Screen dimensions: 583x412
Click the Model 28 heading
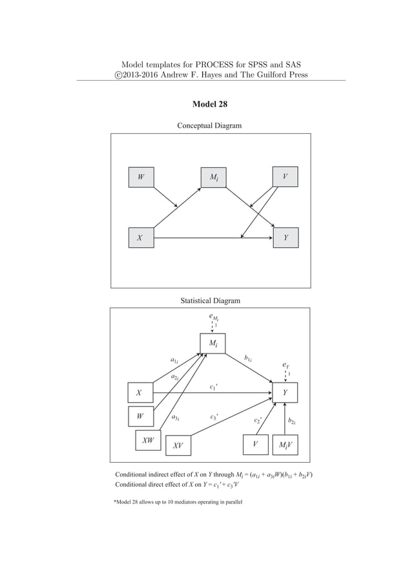(x=209, y=104)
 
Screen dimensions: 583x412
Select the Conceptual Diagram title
(x=209, y=125)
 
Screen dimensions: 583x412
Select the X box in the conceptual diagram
(x=141, y=237)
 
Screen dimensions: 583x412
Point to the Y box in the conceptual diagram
(x=286, y=237)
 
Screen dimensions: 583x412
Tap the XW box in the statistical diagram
(x=148, y=441)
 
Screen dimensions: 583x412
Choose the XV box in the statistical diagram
(x=179, y=445)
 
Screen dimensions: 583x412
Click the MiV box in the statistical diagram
(x=285, y=445)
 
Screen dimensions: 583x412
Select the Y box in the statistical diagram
(x=286, y=392)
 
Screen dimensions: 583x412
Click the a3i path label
(x=175, y=418)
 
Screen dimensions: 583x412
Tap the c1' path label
(x=214, y=387)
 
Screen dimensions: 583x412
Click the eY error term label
(x=286, y=365)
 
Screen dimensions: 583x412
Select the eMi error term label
(x=214, y=317)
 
